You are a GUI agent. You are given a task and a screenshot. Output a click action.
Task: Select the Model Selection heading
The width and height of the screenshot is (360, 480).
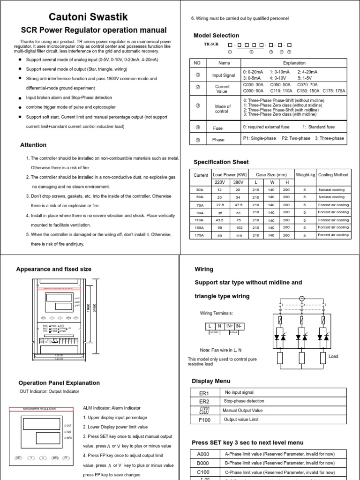[x=216, y=36]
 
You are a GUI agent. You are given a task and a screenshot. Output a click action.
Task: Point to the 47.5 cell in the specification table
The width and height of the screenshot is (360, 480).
[x=238, y=205]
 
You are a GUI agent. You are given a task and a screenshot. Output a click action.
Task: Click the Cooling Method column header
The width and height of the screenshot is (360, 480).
[x=333, y=175]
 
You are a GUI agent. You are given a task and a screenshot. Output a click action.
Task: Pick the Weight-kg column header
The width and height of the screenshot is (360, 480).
[x=305, y=175]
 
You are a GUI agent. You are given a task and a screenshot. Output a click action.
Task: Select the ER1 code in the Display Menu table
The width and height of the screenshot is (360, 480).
[x=204, y=393]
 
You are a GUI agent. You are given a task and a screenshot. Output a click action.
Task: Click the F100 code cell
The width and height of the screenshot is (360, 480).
[x=204, y=420]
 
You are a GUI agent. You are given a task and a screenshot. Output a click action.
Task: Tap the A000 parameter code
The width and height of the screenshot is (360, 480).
[x=204, y=454]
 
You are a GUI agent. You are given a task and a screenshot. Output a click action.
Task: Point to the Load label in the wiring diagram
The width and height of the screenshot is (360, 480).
[x=333, y=356]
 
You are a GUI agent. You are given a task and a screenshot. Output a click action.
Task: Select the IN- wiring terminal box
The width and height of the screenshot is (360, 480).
[x=239, y=326]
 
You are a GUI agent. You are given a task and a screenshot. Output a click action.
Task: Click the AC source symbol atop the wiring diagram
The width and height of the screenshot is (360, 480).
[x=302, y=299]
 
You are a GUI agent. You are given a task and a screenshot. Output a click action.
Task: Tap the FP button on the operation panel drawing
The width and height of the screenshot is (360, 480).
[x=66, y=457]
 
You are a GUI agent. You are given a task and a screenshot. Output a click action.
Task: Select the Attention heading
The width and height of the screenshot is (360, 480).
[x=33, y=145]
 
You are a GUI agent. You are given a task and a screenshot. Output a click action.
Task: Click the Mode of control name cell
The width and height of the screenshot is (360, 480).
[x=222, y=109]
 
